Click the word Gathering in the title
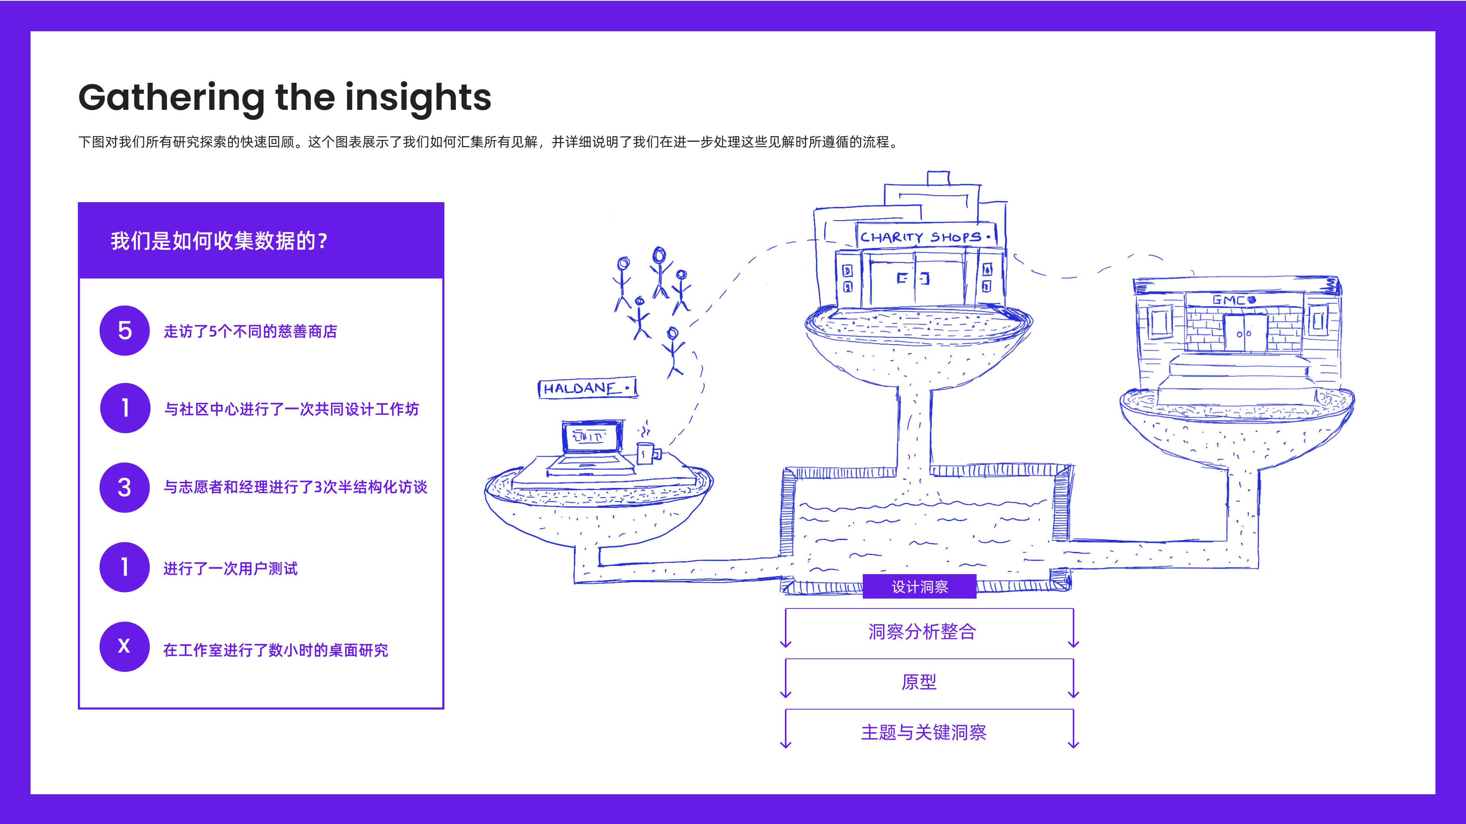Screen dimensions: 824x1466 [x=171, y=98]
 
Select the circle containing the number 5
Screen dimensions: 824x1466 [x=124, y=330]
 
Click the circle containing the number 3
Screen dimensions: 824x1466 [x=124, y=488]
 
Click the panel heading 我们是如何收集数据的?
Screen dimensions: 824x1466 [x=219, y=241]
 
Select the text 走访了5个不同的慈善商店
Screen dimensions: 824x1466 [x=250, y=331]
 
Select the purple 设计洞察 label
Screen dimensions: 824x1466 [x=919, y=587]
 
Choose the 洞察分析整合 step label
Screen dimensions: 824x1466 [x=922, y=631]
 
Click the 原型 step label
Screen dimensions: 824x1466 [x=919, y=681]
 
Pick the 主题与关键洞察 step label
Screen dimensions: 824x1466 [x=923, y=732]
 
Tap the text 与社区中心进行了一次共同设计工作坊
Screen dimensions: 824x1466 [x=291, y=409]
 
